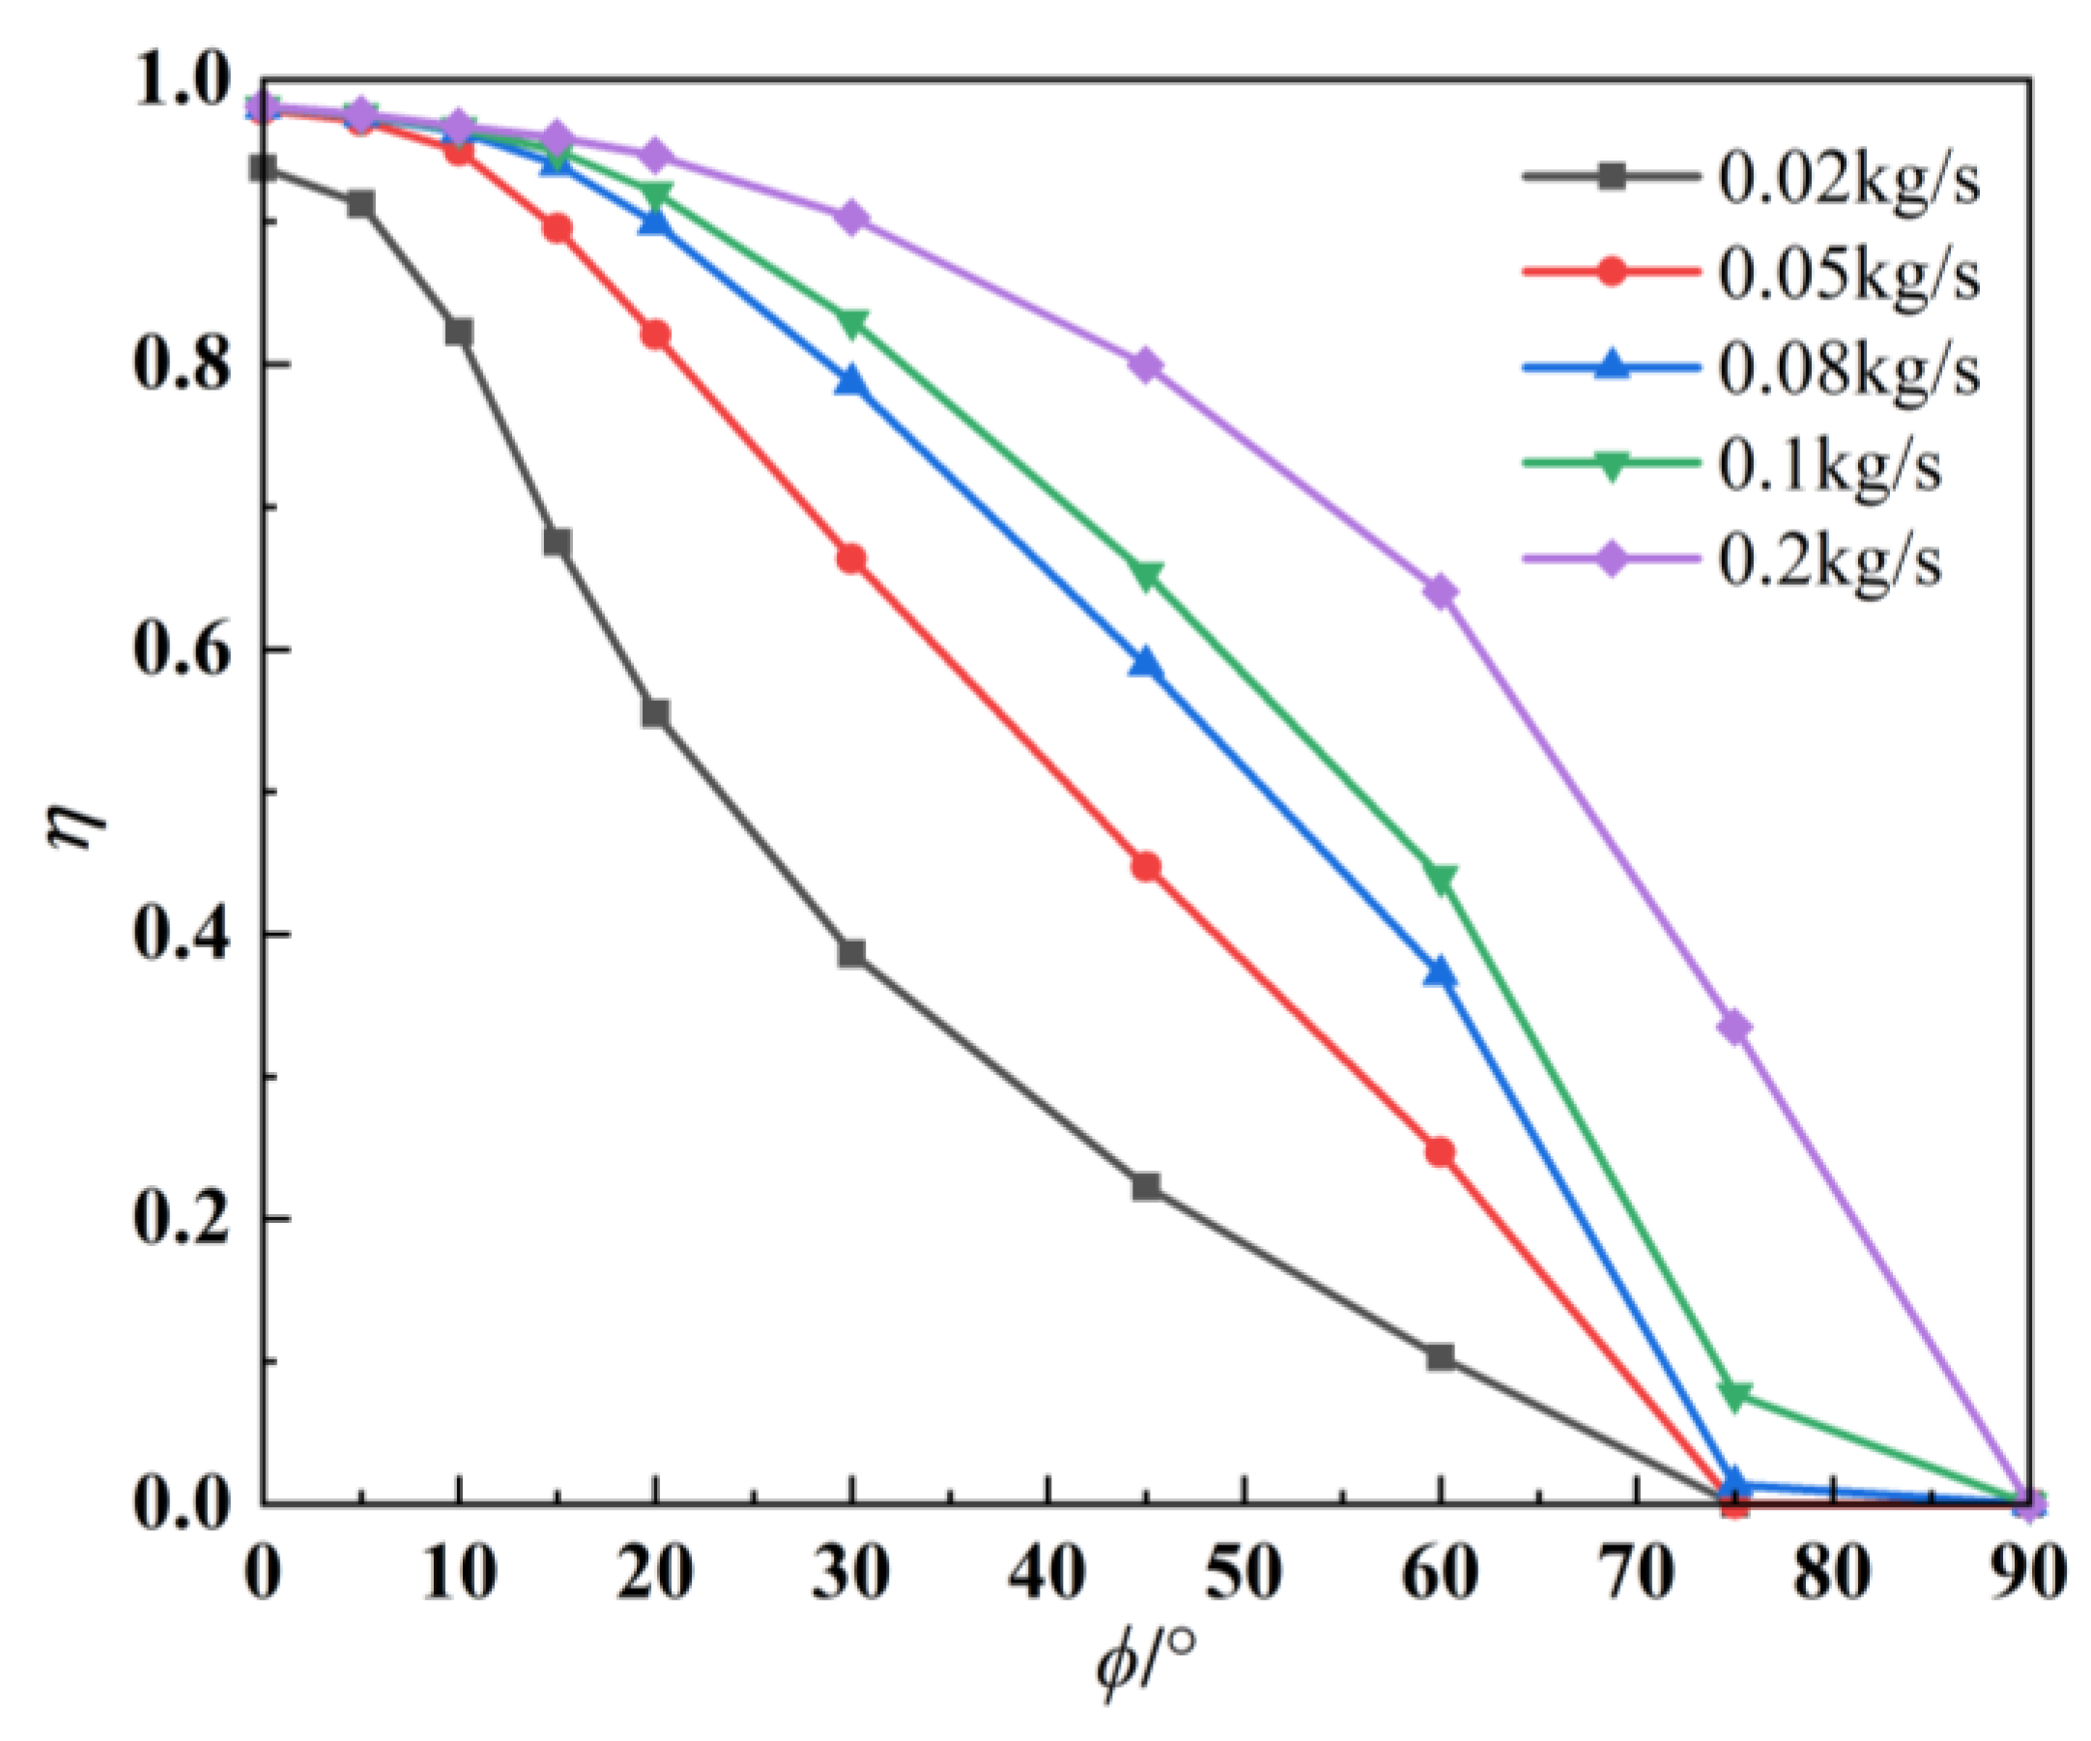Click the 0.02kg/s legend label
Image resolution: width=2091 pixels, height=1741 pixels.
pos(1849,180)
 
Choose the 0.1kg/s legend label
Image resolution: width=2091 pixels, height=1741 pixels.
pos(1829,465)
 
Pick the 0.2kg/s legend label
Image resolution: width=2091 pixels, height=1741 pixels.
pos(1829,560)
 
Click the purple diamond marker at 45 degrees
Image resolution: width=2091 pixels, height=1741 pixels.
pos(1146,365)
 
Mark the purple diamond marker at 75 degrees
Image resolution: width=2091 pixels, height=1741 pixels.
pos(1735,1027)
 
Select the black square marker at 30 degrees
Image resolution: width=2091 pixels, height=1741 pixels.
pos(851,953)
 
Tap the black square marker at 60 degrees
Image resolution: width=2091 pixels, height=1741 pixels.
pos(1440,1357)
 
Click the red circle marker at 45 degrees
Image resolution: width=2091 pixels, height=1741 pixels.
pos(1146,867)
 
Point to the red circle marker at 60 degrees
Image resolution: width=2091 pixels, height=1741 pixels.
pos(1440,1152)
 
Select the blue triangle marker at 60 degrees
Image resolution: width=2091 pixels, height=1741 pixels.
pos(1440,972)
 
